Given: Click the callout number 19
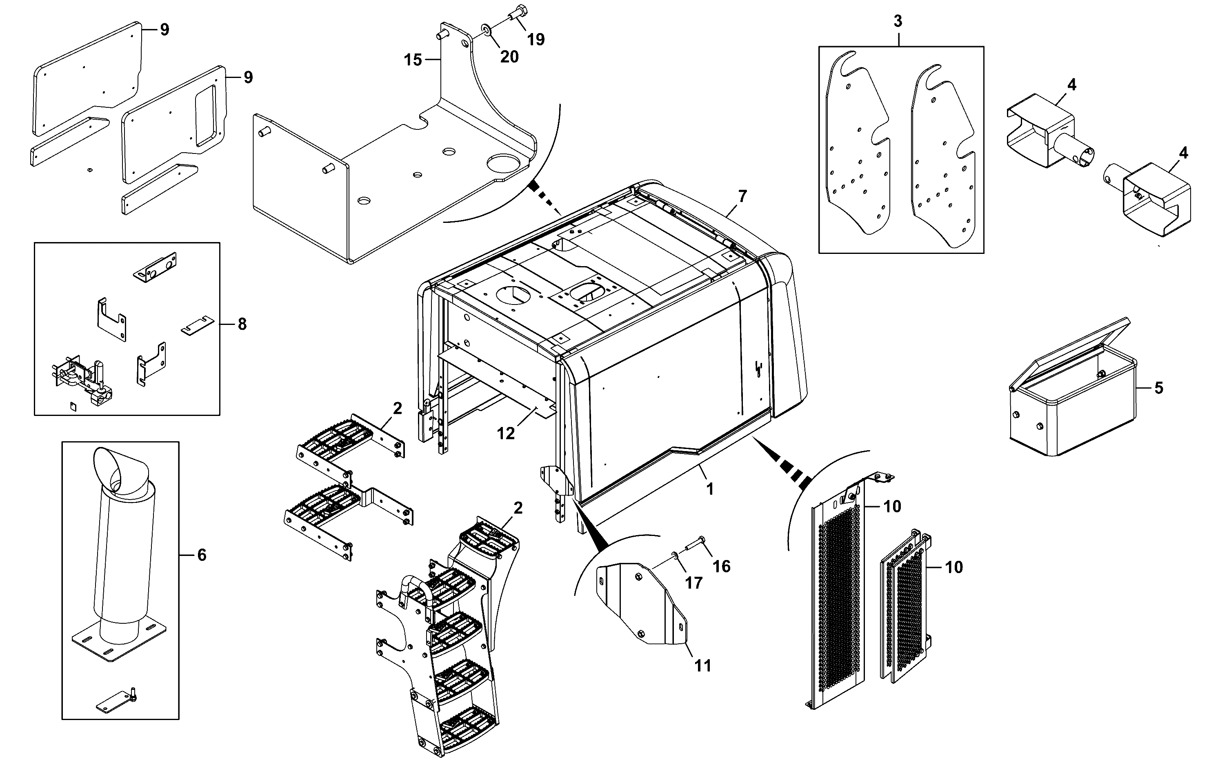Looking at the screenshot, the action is [x=536, y=39].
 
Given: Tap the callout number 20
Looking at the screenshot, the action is [x=509, y=57].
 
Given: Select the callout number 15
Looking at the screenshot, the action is [x=413, y=60].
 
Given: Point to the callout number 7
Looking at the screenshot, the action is [x=742, y=196].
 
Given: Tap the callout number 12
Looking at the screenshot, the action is [x=506, y=433].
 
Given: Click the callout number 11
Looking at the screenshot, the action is [x=703, y=666].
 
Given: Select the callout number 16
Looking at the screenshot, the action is [x=722, y=567].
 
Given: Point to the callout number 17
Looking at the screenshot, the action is [x=694, y=582].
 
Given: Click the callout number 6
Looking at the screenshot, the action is [x=202, y=555].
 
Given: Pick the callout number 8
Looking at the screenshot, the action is [x=242, y=325].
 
